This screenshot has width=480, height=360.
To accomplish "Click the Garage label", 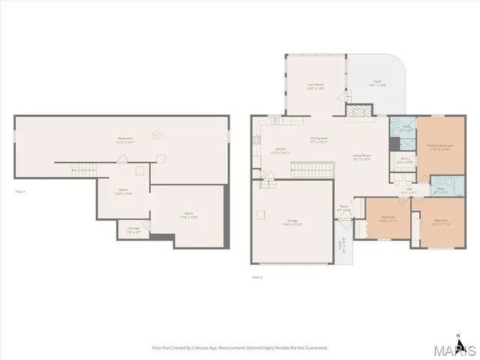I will coord(292,222).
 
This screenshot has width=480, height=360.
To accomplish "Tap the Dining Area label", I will coord(319,139).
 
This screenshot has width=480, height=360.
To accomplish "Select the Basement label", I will coord(124,139).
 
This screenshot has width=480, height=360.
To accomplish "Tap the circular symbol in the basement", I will coord(156,135).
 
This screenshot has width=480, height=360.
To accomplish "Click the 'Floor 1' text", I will coord(20,193).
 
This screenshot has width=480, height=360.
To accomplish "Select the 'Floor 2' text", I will coord(257,277).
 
